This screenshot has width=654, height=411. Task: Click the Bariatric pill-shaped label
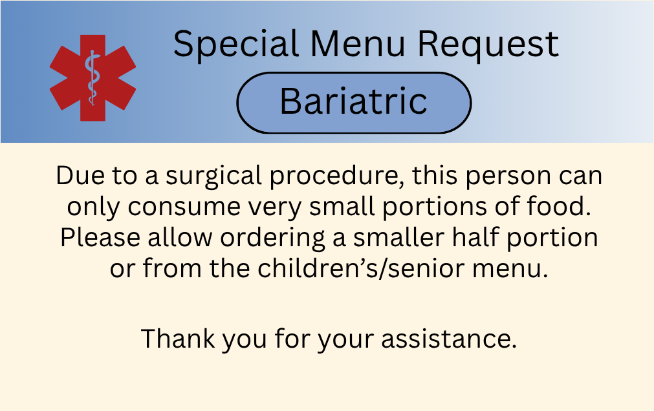pos(354,102)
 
